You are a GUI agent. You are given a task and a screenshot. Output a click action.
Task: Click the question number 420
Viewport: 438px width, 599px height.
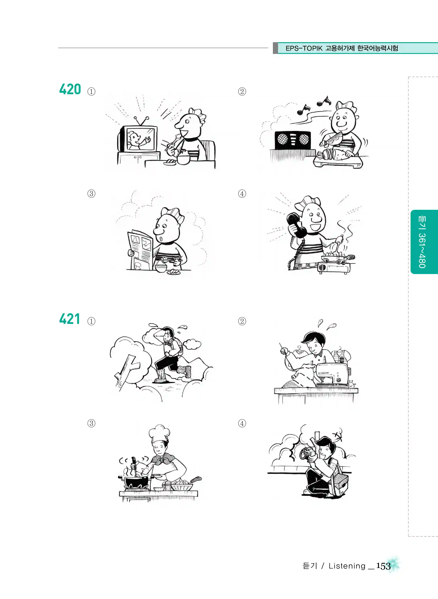coord(70,89)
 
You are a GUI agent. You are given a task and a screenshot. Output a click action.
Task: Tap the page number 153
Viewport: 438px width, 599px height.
coord(383,566)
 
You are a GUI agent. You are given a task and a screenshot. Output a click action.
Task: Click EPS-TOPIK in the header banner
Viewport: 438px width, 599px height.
coord(304,48)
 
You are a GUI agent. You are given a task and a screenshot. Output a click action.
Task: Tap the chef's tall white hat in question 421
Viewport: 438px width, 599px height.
coord(159,434)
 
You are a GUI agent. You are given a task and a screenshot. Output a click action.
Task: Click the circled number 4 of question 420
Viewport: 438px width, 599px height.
coord(242,194)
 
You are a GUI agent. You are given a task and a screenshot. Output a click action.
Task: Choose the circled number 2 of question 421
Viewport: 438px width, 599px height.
coord(242,321)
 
